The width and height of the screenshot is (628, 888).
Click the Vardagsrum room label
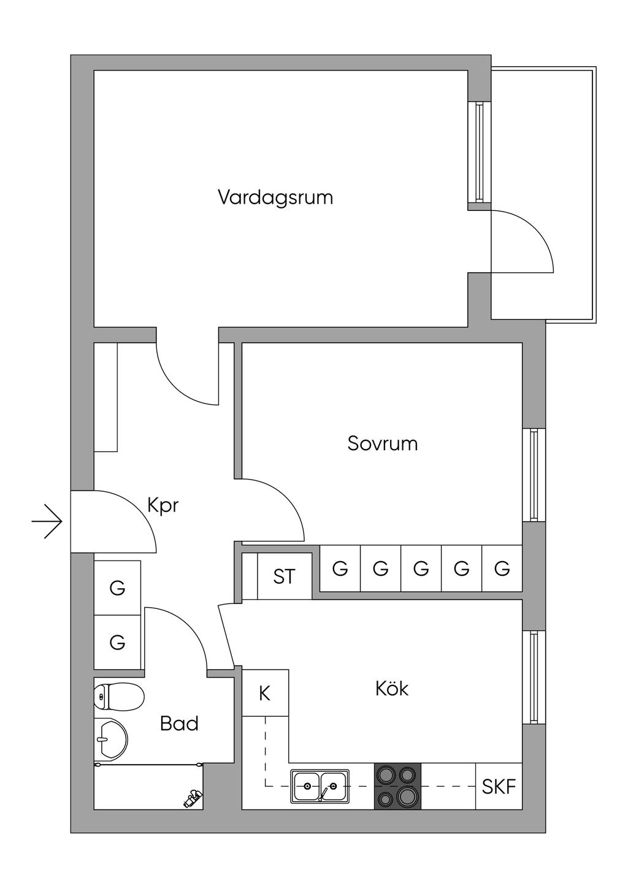click(x=275, y=197)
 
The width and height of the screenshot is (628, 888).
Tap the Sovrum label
click(x=382, y=443)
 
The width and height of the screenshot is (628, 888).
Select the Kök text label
click(x=392, y=689)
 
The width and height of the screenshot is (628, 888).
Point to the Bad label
click(x=179, y=724)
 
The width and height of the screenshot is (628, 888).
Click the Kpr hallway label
click(x=163, y=506)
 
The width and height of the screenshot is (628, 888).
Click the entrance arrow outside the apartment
click(x=48, y=521)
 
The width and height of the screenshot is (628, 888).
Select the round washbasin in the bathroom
click(x=111, y=738)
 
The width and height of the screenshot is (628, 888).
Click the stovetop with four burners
click(x=397, y=786)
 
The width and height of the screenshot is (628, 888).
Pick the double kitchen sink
click(x=320, y=786)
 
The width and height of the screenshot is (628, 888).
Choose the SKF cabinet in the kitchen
click(x=499, y=786)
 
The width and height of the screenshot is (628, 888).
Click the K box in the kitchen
click(x=265, y=693)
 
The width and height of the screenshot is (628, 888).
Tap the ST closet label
click(x=284, y=576)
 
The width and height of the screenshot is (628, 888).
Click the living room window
click(x=480, y=152)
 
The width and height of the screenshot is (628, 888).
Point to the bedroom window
click(x=534, y=475)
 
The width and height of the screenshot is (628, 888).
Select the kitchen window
click(x=534, y=677)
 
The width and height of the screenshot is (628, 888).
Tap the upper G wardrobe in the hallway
click(x=117, y=588)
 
